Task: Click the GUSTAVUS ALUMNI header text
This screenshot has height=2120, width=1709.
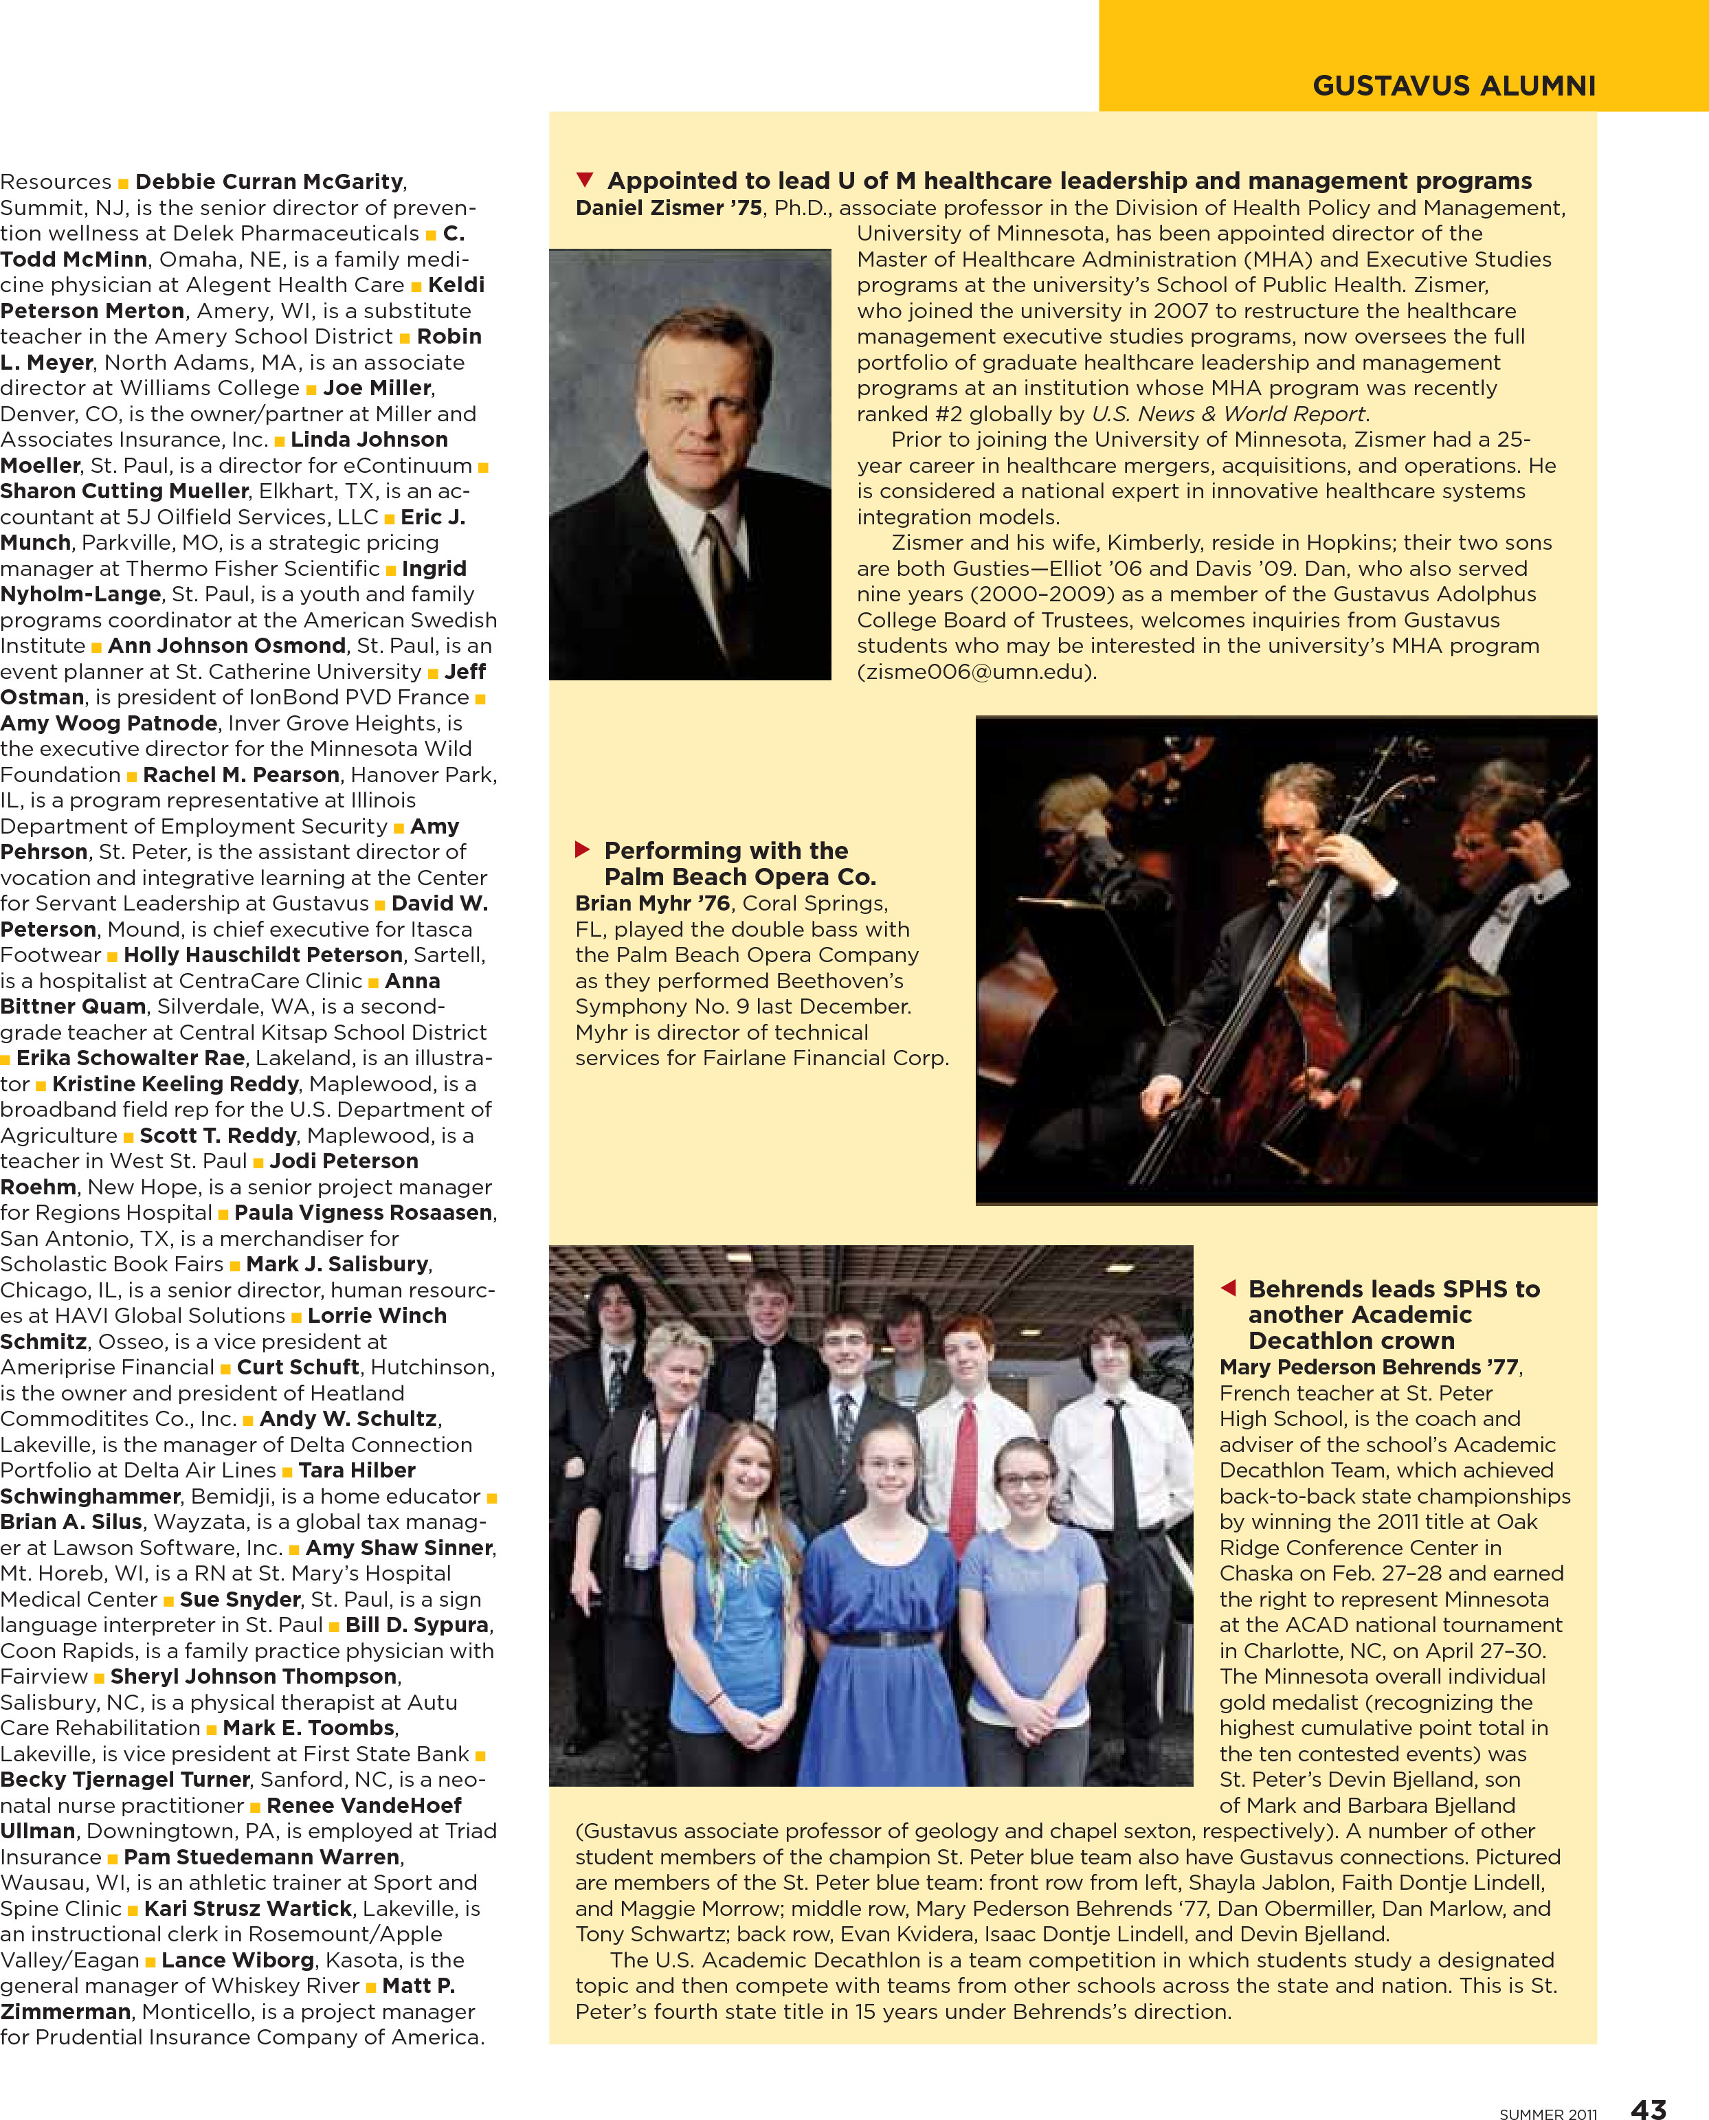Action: [x=1453, y=86]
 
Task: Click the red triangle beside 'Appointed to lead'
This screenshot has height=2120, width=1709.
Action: [x=585, y=179]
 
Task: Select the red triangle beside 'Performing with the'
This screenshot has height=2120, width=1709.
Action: [x=582, y=849]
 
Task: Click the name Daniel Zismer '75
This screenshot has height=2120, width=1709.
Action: [x=669, y=208]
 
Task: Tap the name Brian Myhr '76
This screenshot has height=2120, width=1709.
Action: [x=651, y=902]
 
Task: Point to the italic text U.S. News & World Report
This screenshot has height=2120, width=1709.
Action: [x=1227, y=414]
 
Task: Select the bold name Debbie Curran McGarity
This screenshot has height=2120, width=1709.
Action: [x=269, y=181]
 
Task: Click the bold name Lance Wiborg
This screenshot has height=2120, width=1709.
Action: [x=237, y=1960]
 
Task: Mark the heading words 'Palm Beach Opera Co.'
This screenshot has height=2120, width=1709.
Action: [x=739, y=876]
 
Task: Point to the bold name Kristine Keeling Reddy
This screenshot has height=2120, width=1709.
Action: [x=175, y=1084]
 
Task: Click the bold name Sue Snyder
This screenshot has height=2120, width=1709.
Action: [x=239, y=1599]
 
